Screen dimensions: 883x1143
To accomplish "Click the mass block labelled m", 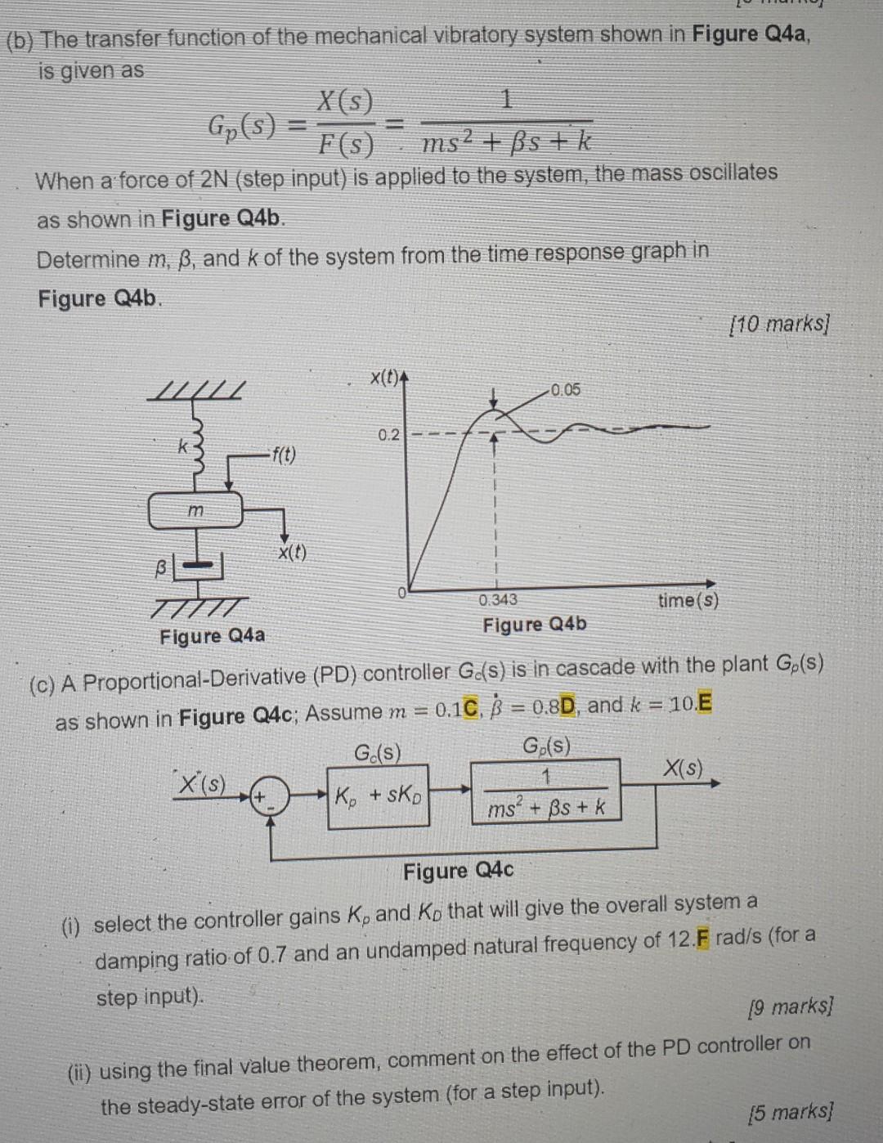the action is pyautogui.click(x=195, y=510).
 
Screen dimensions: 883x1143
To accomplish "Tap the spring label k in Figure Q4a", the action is pyautogui.click(x=183, y=446).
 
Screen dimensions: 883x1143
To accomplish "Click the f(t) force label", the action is pyautogui.click(x=284, y=455).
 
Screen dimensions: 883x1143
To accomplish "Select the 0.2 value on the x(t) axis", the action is pyautogui.click(x=388, y=434).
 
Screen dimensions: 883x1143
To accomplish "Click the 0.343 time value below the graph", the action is pyautogui.click(x=498, y=599).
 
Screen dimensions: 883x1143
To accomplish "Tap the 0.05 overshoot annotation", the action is pyautogui.click(x=565, y=389).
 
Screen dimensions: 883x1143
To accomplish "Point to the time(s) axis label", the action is pyautogui.click(x=688, y=600).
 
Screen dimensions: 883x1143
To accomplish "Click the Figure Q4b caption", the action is pyautogui.click(x=535, y=625).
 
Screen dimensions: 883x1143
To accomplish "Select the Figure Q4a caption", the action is pyautogui.click(x=212, y=636).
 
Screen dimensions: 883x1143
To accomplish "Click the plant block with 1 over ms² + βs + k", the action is pyautogui.click(x=545, y=791).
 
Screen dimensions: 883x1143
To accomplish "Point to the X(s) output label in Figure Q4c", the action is pyautogui.click(x=683, y=768).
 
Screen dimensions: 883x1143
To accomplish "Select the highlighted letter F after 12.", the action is pyautogui.click(x=701, y=938).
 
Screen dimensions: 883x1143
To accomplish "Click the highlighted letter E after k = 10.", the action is pyautogui.click(x=705, y=702).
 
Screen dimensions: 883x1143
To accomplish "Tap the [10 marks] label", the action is pyautogui.click(x=778, y=325).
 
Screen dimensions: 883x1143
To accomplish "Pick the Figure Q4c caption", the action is pyautogui.click(x=458, y=871).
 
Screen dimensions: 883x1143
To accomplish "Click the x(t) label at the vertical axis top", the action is pyautogui.click(x=383, y=378).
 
